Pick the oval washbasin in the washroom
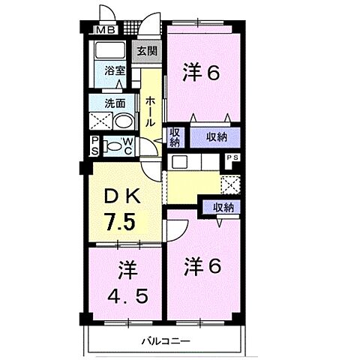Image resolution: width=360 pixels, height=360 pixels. coord(123,122)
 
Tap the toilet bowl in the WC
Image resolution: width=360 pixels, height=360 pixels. coord(113,147)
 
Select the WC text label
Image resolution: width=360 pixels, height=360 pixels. coord(128,146)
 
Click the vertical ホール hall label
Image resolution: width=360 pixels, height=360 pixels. coord(150,111)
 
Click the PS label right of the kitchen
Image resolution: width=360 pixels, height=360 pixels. coord(233,157)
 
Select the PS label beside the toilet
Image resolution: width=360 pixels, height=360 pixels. coord(94,145)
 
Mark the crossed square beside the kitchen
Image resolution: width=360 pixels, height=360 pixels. coord(231,183)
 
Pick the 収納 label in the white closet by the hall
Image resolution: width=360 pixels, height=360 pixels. coord(174,137)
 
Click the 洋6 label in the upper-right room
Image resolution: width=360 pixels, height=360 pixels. coord(201,73)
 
